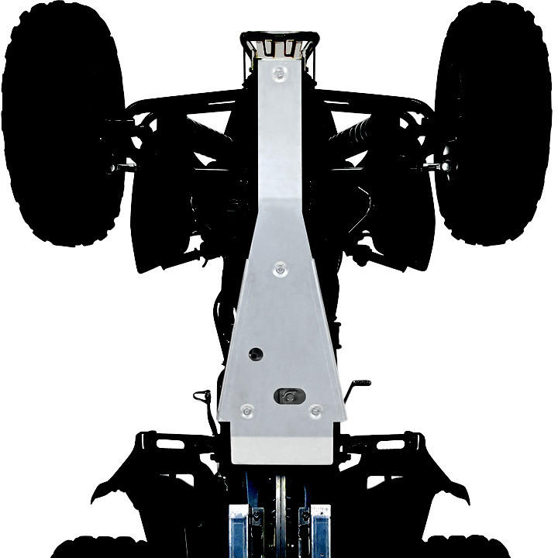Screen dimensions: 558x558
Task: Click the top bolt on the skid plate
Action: click(280, 74)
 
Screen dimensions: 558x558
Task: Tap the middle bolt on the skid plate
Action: click(280, 269)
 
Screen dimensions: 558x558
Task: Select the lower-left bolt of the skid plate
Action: click(246, 410)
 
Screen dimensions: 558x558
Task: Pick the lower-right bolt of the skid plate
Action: click(315, 411)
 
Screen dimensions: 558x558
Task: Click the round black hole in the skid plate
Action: click(255, 354)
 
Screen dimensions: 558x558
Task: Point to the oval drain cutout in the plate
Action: click(288, 396)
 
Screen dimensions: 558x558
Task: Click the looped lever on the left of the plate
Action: click(205, 398)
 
